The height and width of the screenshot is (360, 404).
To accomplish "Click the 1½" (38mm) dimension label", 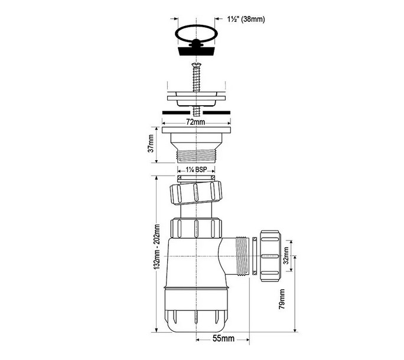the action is tap(246, 19).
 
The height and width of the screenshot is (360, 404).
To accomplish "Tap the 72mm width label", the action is tap(196, 122).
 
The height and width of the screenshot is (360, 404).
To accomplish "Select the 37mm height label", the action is tap(151, 143).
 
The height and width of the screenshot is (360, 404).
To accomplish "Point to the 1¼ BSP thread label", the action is tap(196, 170).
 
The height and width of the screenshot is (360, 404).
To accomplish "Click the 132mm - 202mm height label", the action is tap(157, 247).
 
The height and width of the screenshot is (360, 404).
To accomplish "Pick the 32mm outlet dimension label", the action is tap(286, 255).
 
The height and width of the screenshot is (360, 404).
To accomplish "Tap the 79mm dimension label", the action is tap(282, 299).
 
